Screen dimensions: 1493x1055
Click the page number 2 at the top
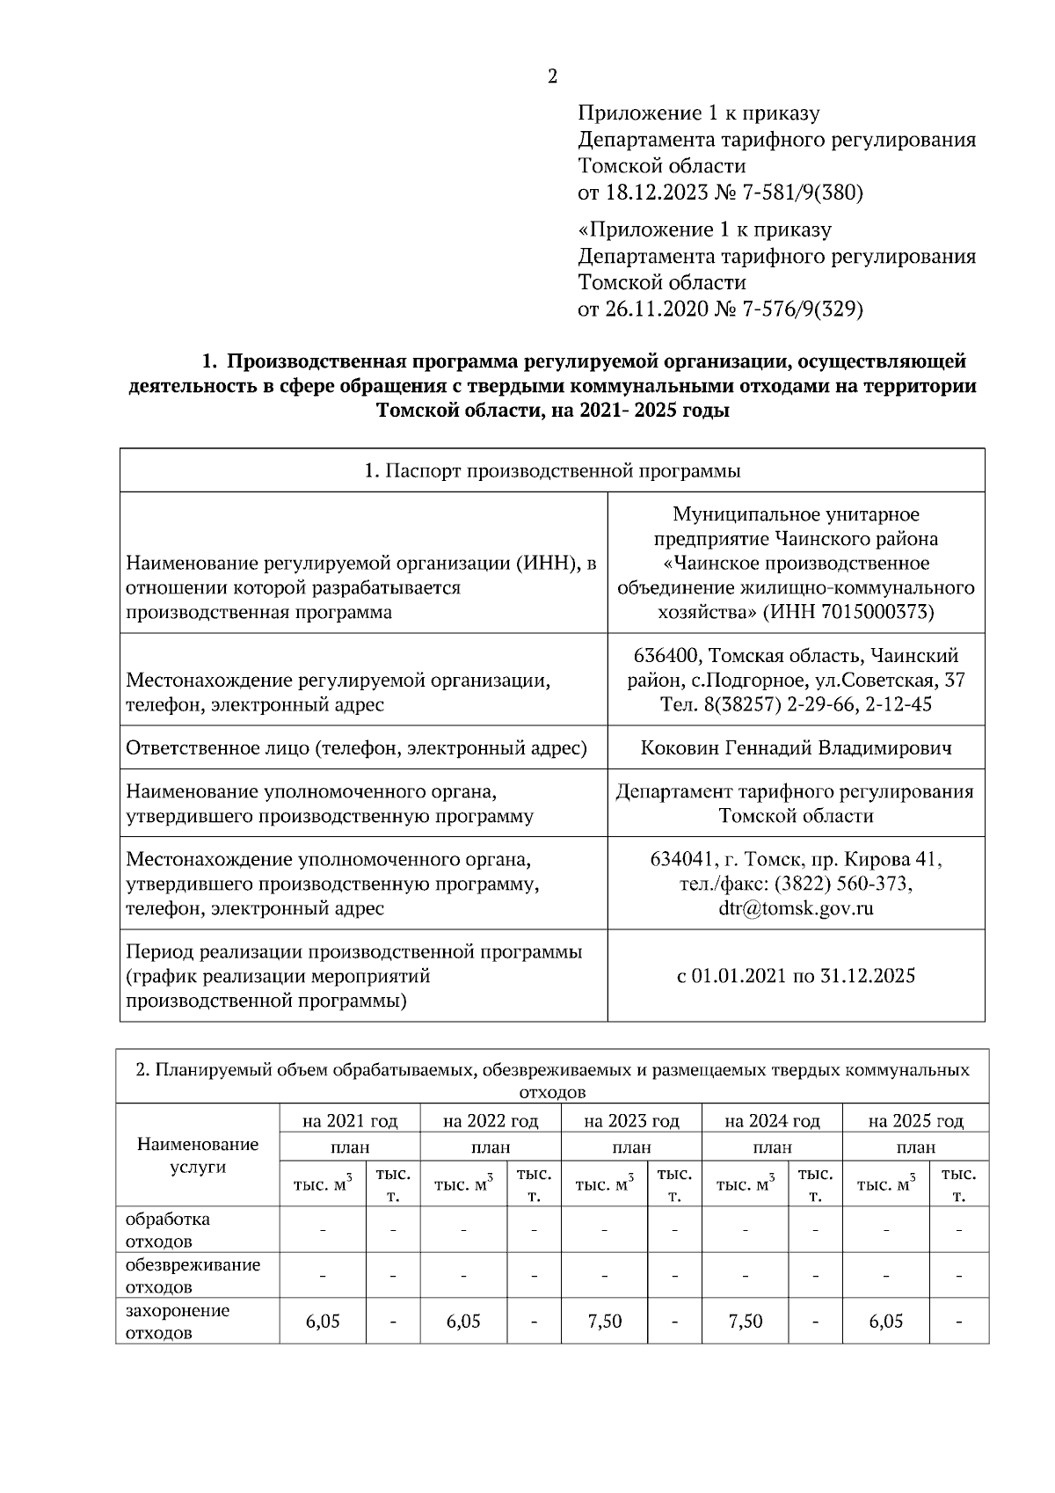552,77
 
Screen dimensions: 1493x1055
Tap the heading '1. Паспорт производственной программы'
552,470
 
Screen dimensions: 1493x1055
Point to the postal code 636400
667,656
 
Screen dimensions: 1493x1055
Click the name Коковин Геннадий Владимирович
797,748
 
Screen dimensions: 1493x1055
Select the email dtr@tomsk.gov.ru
797,908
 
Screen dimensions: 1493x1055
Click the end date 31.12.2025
867,975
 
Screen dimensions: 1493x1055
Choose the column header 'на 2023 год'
631,1121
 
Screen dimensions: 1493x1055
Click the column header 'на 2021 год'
350,1121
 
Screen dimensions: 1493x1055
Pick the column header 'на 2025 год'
915,1121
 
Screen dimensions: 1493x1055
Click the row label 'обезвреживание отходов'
193,1275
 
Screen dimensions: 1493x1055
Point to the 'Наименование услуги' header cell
198,1155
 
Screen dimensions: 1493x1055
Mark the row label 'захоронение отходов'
178,1321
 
